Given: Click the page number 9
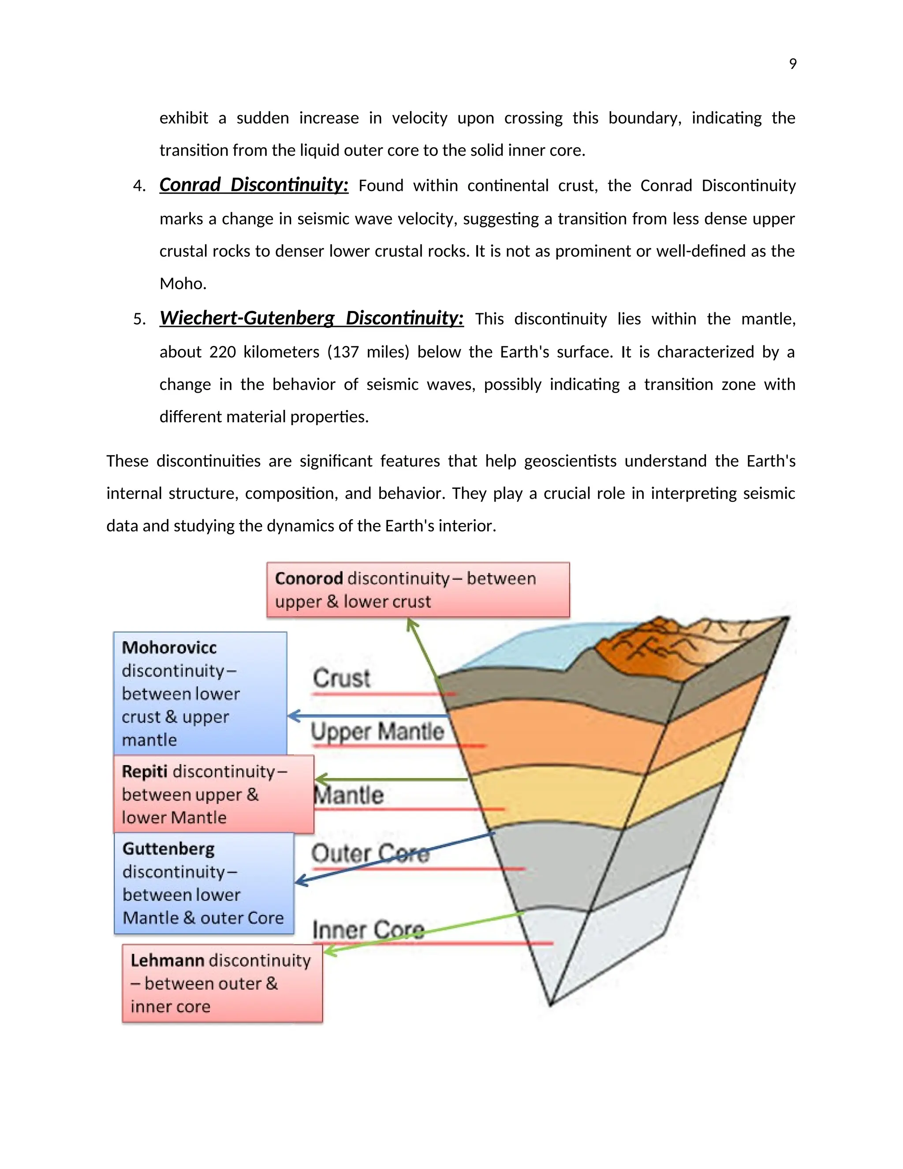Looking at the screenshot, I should (792, 64).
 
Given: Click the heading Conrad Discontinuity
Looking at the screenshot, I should (254, 185).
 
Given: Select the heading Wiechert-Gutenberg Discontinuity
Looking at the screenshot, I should (311, 318).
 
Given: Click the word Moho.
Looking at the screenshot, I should (182, 284).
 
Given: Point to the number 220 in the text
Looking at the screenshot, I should (222, 352).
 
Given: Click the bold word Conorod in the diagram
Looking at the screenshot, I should (309, 579).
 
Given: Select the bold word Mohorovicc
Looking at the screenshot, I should (169, 648).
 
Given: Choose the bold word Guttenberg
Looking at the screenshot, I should (168, 849).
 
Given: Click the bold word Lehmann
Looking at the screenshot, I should (167, 960).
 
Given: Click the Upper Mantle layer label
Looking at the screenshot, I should (377, 732).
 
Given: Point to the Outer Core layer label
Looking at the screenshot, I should (370, 853).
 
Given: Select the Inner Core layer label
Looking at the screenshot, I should (368, 930).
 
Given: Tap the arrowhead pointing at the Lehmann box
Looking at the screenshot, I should (328, 952).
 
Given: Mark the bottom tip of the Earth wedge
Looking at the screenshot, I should (550, 1005).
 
